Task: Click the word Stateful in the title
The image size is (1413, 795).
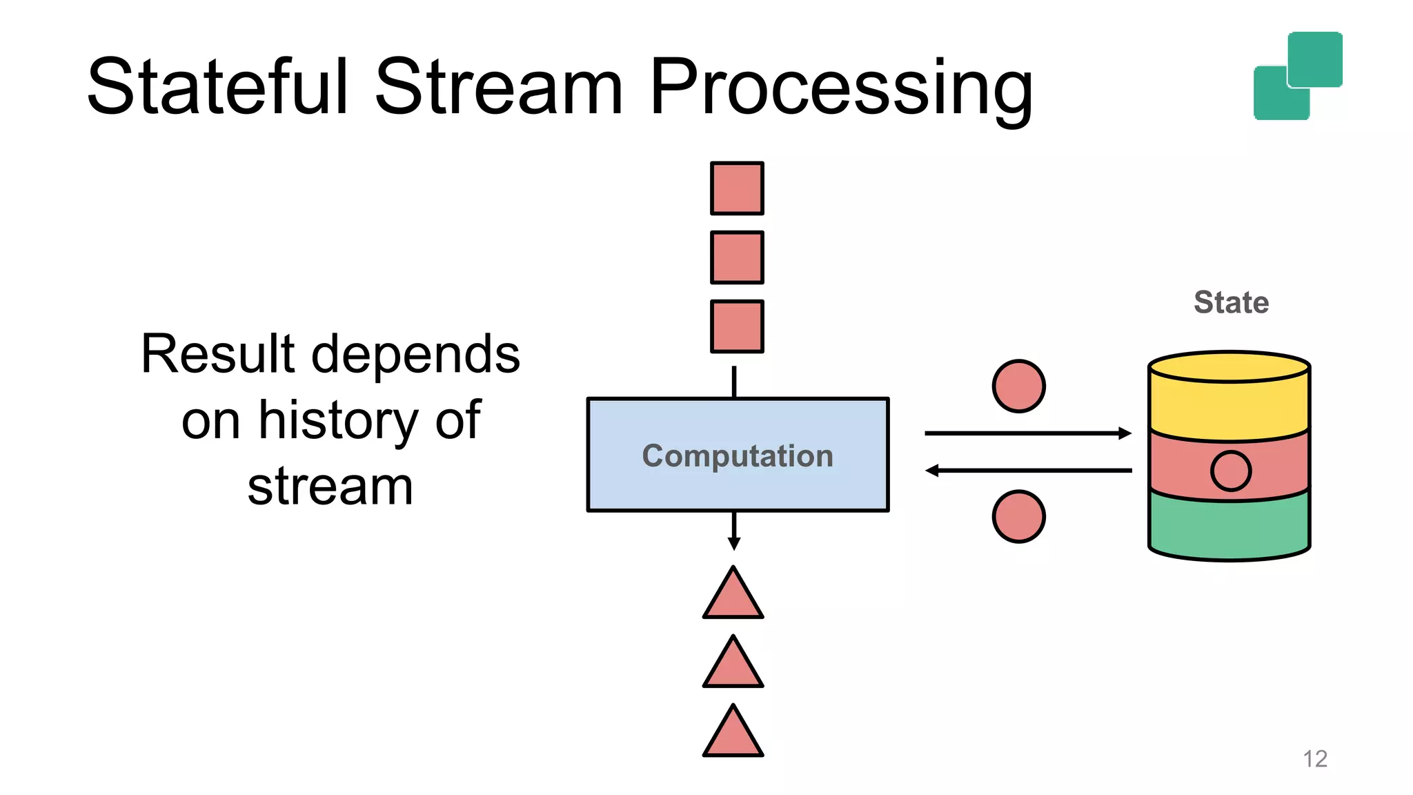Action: click(x=218, y=88)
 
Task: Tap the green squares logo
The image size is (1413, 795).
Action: click(x=1298, y=76)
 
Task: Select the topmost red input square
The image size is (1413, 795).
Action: click(x=737, y=188)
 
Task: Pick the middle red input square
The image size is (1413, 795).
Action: click(x=737, y=257)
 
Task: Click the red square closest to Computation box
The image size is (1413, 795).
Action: click(x=737, y=326)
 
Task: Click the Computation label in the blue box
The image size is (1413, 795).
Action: click(x=738, y=456)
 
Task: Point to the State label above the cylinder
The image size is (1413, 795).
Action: click(x=1231, y=302)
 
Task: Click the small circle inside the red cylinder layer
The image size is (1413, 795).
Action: click(x=1230, y=471)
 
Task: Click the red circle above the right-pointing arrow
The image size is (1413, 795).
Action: click(x=1018, y=386)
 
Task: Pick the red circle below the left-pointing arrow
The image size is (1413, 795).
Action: click(x=1018, y=516)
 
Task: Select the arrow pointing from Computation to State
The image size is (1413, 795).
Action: click(x=1028, y=433)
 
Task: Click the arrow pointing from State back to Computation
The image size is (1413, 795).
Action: click(x=1028, y=471)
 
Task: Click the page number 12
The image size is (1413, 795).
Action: click(x=1315, y=758)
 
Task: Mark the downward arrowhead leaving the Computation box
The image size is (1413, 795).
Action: click(x=734, y=543)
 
